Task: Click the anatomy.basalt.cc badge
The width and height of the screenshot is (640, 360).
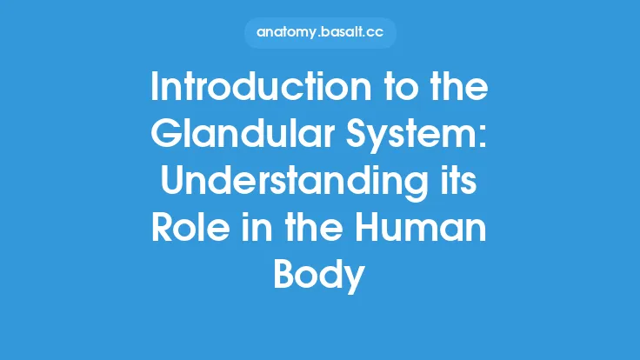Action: (319, 32)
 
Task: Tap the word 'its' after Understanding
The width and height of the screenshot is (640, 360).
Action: (463, 183)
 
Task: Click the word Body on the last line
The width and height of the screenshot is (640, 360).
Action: (319, 275)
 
